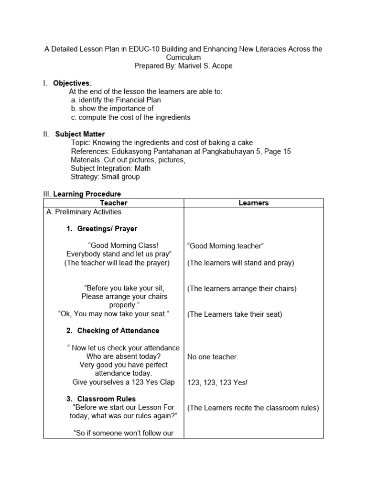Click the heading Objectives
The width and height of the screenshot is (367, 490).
pos(71,83)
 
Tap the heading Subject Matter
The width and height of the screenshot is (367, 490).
pos(80,134)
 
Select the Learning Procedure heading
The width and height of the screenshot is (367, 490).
pos(87,194)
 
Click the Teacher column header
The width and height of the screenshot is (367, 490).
pos(113,203)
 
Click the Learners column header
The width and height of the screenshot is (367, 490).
pos(253,203)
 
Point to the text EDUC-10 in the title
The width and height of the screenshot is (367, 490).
pos(142,49)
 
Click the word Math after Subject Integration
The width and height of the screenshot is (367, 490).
pos(142,168)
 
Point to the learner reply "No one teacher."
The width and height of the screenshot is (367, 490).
pos(213,356)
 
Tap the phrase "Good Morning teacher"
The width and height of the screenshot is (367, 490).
pos(226,246)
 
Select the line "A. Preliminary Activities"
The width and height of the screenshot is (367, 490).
pos(84,212)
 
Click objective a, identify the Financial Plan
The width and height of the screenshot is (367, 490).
pos(116,100)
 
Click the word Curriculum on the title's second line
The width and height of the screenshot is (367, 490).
pos(183,57)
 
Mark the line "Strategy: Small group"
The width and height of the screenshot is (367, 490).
pos(105,177)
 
